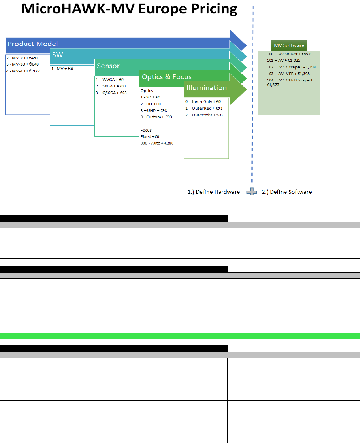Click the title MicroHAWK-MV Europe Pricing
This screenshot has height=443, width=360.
click(x=129, y=9)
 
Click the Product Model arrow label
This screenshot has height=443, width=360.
click(x=33, y=44)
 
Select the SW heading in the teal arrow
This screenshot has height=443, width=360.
click(x=57, y=55)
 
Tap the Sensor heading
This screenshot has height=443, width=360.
click(x=108, y=66)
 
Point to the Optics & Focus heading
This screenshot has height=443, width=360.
click(x=167, y=77)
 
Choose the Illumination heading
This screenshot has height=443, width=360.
click(x=206, y=88)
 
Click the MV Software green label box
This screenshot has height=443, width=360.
click(x=289, y=45)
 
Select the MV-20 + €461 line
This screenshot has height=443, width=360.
click(x=22, y=58)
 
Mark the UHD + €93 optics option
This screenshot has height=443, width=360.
click(x=156, y=110)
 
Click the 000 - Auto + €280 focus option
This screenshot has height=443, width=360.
click(x=157, y=143)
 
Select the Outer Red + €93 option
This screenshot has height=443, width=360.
click(x=204, y=108)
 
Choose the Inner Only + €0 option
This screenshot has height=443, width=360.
click(x=203, y=102)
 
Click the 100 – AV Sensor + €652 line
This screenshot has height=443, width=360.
click(x=288, y=54)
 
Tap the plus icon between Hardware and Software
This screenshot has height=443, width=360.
click(x=251, y=192)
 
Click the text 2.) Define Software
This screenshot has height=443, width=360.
click(x=287, y=192)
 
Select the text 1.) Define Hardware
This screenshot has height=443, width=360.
click(x=214, y=192)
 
